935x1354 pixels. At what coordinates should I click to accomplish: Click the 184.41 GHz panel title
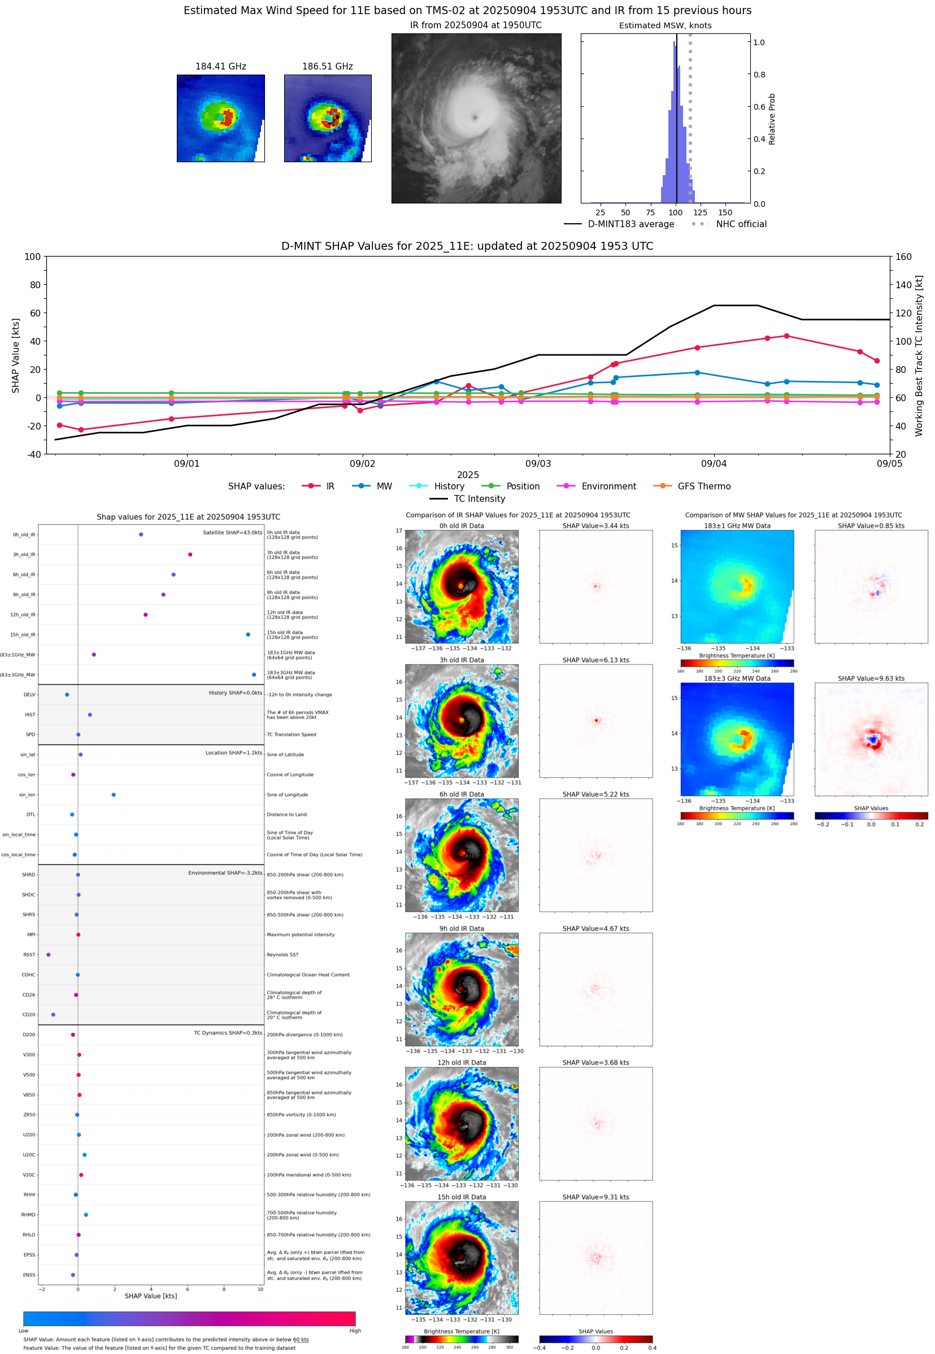click(x=220, y=67)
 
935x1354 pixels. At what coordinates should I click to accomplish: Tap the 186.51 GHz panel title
click(x=327, y=67)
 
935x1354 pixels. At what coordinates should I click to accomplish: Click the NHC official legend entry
click(x=741, y=224)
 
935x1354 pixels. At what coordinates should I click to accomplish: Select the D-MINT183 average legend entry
click(x=630, y=224)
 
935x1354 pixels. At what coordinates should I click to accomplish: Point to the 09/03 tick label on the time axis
click(x=537, y=463)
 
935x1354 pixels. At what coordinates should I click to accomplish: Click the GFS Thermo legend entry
click(x=703, y=487)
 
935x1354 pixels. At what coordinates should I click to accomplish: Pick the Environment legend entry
click(x=608, y=487)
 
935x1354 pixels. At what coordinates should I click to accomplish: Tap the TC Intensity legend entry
click(x=479, y=498)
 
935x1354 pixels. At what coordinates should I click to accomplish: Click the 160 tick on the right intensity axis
click(x=903, y=257)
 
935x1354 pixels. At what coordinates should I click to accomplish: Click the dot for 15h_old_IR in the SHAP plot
click(x=248, y=635)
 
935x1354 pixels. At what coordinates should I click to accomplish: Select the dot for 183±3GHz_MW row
click(x=254, y=674)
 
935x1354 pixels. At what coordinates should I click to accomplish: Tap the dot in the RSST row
click(x=48, y=954)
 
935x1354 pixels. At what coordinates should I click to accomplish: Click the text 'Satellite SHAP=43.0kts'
click(x=232, y=532)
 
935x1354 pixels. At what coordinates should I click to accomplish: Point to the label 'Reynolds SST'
click(x=282, y=954)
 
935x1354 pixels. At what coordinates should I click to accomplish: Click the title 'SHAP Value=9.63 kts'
click(x=871, y=679)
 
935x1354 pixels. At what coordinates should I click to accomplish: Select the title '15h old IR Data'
click(x=462, y=1197)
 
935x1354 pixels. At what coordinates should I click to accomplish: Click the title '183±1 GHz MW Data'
click(x=737, y=526)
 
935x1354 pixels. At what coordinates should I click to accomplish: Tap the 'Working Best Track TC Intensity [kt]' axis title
click(x=919, y=355)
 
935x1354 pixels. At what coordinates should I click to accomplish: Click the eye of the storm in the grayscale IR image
click(x=475, y=118)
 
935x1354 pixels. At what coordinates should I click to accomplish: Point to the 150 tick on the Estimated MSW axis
click(x=725, y=212)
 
